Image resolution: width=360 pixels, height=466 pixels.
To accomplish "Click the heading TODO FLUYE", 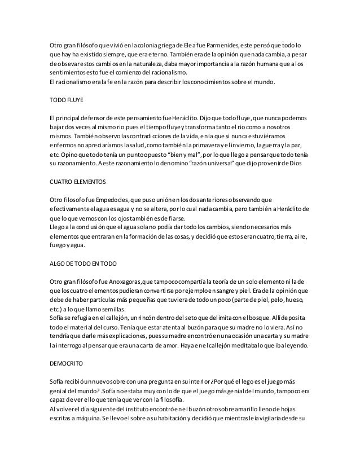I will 67,102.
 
